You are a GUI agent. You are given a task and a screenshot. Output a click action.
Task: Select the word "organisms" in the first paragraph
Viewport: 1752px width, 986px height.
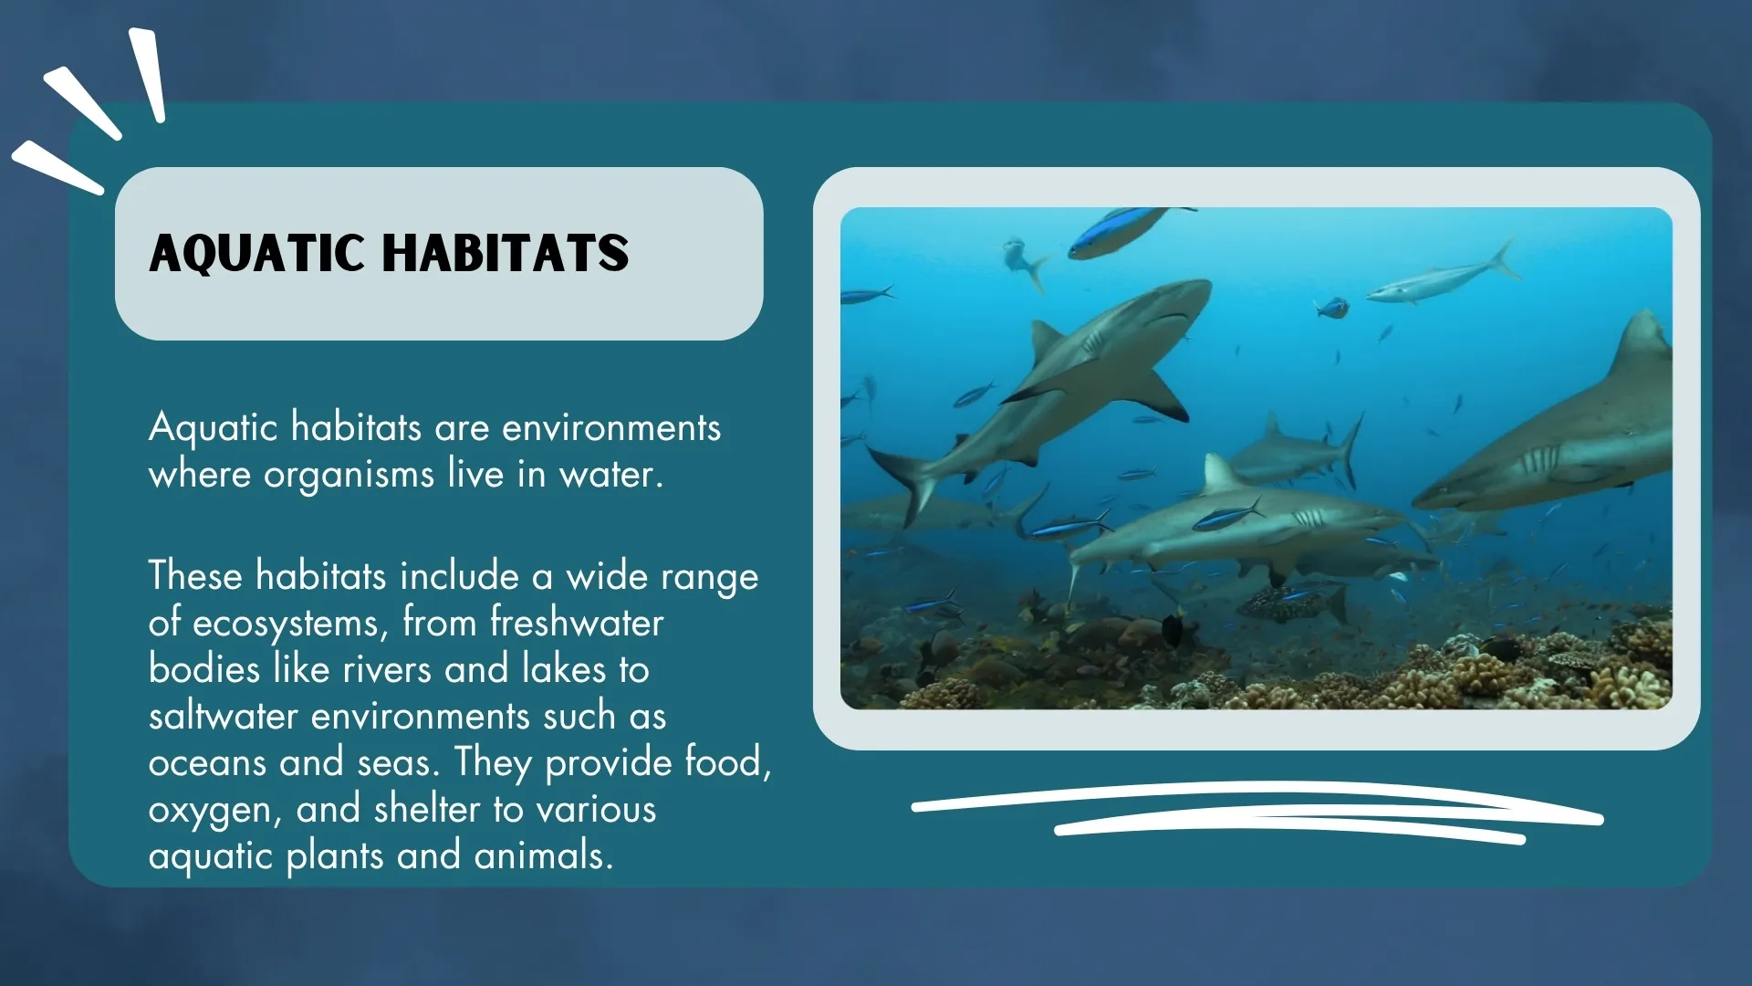pyautogui.click(x=349, y=475)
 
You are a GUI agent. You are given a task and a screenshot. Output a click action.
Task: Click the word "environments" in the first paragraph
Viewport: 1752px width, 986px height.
pyautogui.click(x=610, y=427)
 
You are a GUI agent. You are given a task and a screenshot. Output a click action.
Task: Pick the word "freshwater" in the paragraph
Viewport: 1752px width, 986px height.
pyautogui.click(x=577, y=623)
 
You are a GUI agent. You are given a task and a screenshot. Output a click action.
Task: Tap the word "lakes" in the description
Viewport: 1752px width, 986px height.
pyautogui.click(x=563, y=669)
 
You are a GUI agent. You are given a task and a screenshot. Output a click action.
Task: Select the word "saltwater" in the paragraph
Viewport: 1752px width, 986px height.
pyautogui.click(x=223, y=716)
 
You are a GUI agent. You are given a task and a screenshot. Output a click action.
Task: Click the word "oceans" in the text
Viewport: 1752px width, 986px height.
pyautogui.click(x=207, y=762)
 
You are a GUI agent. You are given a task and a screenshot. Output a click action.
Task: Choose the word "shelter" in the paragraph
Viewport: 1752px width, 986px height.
pyautogui.click(x=426, y=809)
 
